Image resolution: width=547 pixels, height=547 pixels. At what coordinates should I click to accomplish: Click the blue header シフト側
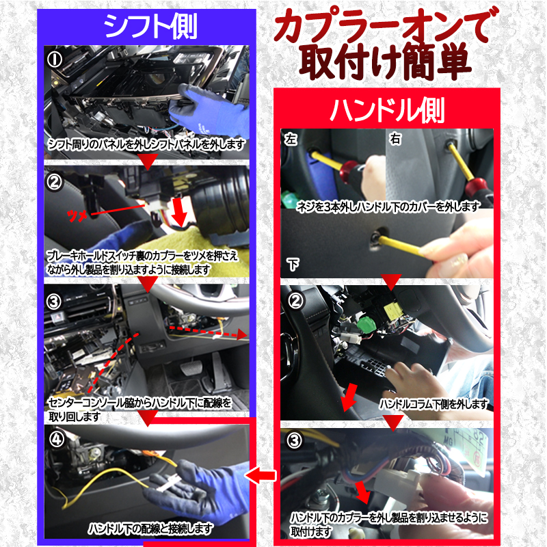click(x=150, y=26)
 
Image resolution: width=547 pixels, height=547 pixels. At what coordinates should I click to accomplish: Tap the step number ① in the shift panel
click(x=55, y=58)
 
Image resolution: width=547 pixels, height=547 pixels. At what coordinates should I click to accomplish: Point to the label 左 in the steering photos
click(x=291, y=139)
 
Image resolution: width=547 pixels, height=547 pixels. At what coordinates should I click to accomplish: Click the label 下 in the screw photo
click(x=291, y=264)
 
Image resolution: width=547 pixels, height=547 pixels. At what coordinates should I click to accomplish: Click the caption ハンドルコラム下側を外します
click(x=433, y=403)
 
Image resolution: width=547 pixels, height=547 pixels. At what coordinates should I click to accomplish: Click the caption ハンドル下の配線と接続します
click(x=150, y=529)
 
